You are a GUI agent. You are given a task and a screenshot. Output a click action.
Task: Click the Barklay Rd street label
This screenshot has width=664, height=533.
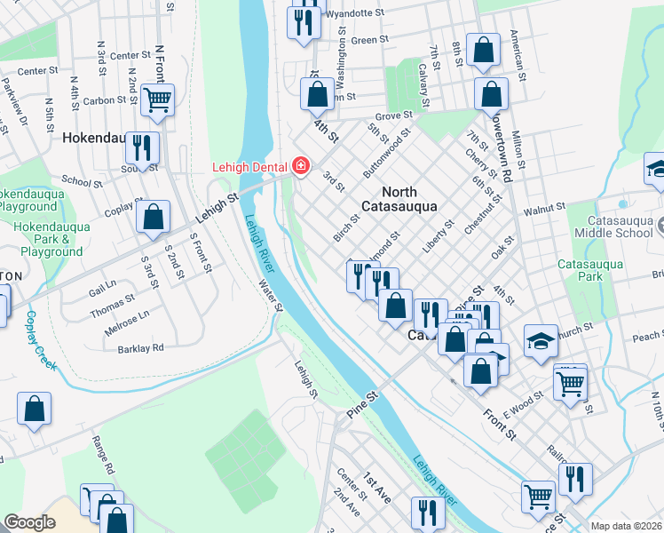[x=141, y=348]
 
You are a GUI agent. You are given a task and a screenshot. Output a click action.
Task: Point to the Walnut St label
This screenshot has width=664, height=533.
[x=544, y=207]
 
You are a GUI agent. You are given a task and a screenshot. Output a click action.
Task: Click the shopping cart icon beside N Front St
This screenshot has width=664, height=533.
[x=157, y=101]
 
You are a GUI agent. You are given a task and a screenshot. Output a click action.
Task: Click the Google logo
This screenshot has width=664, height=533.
[x=29, y=522]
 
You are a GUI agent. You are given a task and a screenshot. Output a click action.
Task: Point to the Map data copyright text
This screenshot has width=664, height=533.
[x=627, y=526]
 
